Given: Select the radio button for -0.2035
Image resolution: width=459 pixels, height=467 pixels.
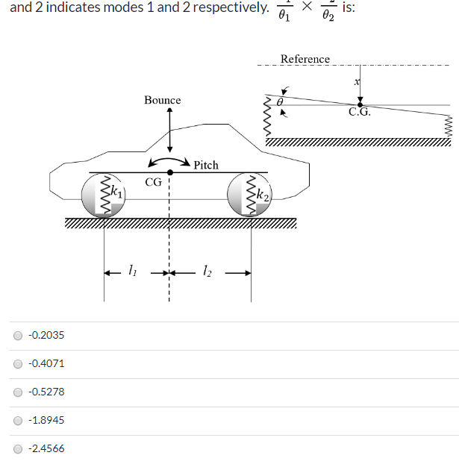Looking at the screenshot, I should [x=17, y=335].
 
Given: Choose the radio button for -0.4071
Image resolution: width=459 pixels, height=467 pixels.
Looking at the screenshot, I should [x=17, y=363].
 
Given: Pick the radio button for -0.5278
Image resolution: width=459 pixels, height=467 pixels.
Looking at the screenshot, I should [x=17, y=392].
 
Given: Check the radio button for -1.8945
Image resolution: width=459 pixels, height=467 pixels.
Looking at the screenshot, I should [x=17, y=420].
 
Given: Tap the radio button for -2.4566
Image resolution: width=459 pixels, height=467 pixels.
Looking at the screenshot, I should [x=17, y=448].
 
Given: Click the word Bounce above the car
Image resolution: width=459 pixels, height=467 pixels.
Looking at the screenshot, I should [x=162, y=100].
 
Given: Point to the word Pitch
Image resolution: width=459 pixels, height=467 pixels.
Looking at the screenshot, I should [x=205, y=165].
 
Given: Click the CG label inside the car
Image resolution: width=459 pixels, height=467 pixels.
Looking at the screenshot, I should [x=154, y=181].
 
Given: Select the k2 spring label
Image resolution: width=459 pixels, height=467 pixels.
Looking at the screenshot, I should [x=262, y=195].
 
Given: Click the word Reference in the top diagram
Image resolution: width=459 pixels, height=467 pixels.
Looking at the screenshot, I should [x=305, y=59].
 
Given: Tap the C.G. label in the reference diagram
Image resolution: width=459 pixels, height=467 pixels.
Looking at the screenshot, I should [x=359, y=113].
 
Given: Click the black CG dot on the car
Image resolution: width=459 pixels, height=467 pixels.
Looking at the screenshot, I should [x=170, y=172].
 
